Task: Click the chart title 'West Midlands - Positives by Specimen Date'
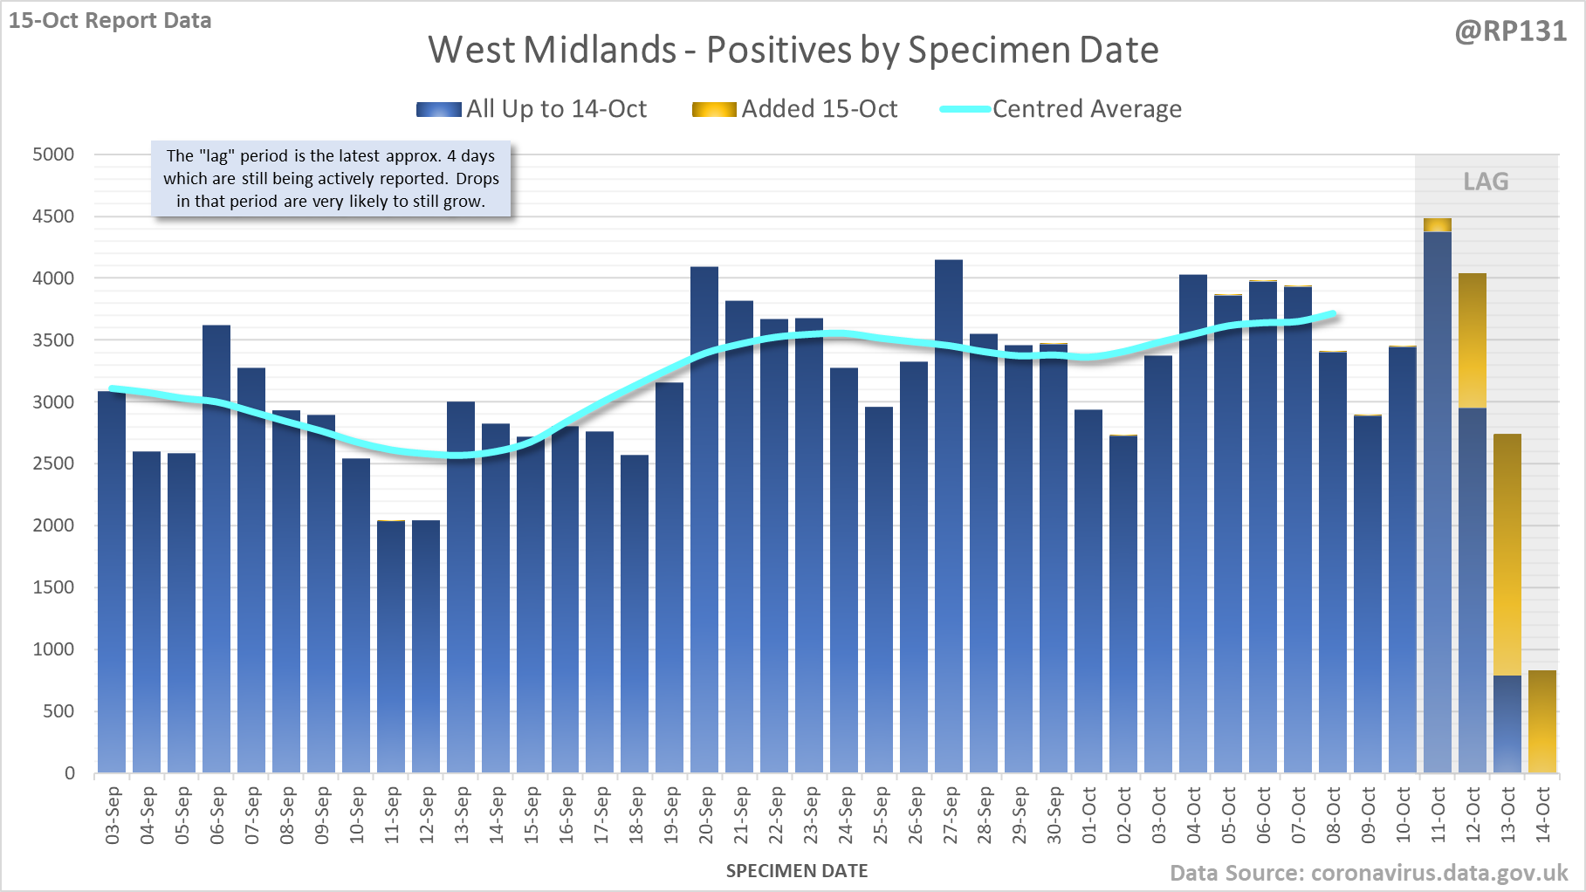pos(793,50)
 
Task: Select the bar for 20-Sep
pos(704,524)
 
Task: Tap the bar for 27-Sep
pos(949,524)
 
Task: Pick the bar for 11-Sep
pos(391,646)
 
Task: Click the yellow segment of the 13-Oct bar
pos(1507,554)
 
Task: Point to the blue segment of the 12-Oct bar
pos(1473,594)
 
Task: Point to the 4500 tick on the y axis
pos(53,216)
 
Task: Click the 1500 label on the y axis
pos(53,587)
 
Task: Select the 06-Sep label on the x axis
pos(216,815)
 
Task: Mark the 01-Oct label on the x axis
pos(1088,815)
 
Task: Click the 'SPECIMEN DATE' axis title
pos(797,871)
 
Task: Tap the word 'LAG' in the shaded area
pos(1486,182)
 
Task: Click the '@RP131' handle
pos(1510,31)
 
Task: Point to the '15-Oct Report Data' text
pos(110,20)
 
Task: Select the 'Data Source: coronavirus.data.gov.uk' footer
pos(1369,873)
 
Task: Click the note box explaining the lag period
pos(331,179)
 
